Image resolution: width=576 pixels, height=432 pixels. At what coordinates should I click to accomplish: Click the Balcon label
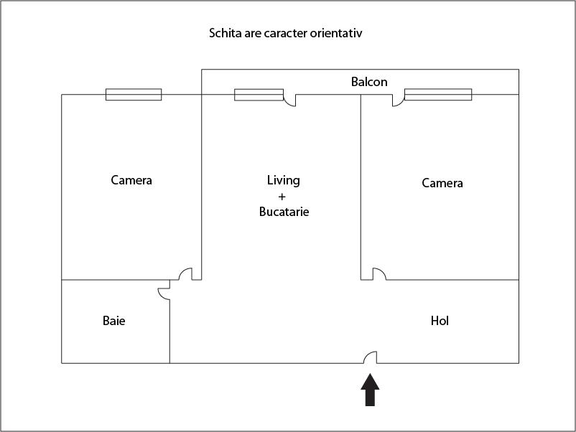click(369, 82)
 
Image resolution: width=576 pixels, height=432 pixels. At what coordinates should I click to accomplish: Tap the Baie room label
click(114, 321)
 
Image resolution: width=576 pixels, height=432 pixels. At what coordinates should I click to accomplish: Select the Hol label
click(440, 321)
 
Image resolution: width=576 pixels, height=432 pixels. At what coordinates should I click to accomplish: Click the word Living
click(284, 181)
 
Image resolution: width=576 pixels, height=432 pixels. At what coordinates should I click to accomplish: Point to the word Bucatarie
click(284, 212)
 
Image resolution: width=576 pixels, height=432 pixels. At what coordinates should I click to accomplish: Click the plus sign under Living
click(282, 197)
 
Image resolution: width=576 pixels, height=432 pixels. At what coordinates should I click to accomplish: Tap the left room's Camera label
click(131, 180)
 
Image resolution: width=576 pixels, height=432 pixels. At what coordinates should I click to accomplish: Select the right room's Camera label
click(442, 183)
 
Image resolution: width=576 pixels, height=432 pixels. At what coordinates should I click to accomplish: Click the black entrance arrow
click(370, 390)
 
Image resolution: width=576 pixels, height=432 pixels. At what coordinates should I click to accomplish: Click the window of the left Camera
click(134, 94)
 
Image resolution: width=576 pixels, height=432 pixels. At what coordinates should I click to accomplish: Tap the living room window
click(259, 95)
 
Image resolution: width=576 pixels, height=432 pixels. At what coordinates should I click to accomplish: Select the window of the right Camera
click(438, 94)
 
